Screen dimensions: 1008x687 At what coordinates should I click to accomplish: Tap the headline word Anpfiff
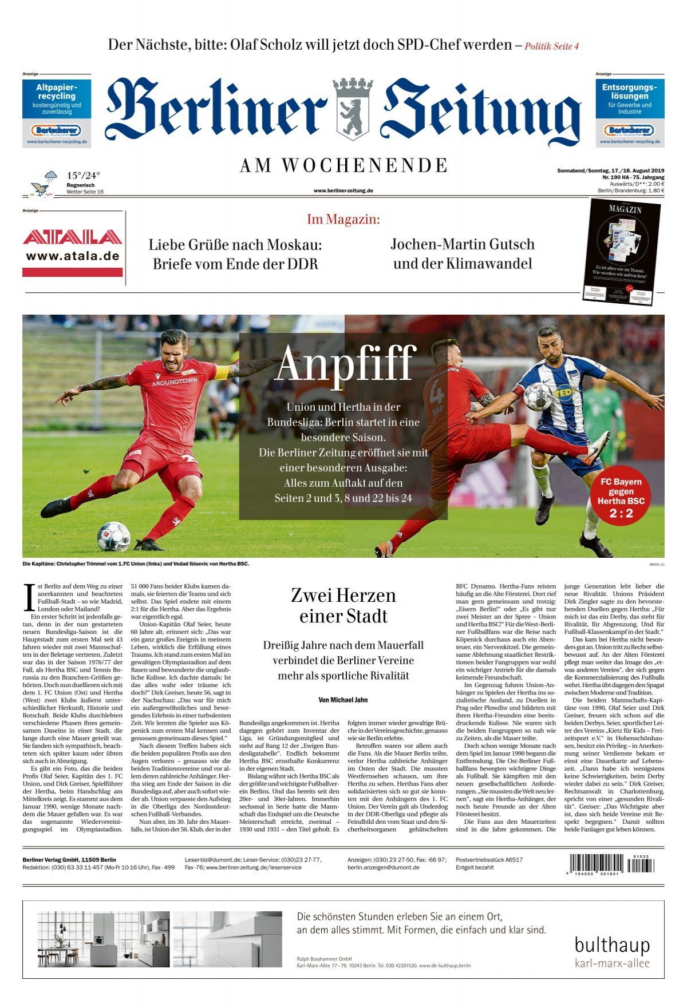point(344,363)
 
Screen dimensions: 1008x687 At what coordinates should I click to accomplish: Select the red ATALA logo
point(72,237)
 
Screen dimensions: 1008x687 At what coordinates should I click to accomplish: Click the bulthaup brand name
point(612,945)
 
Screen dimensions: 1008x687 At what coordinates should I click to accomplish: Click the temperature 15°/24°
point(83,176)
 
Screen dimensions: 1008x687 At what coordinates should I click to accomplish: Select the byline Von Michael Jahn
point(343,700)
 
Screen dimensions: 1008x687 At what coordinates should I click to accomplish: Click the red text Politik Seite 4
point(552,46)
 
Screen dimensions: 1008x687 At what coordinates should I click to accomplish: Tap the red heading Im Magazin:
point(343,219)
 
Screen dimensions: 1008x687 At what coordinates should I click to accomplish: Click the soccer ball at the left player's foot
point(113,536)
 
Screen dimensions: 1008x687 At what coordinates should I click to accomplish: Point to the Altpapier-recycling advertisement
point(56,113)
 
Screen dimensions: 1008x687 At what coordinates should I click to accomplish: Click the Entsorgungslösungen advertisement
point(630,113)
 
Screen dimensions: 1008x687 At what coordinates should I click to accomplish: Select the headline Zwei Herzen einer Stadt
point(343,605)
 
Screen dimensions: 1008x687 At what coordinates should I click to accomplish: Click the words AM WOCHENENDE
point(343,166)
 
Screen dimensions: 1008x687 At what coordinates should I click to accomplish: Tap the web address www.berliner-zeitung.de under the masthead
point(343,191)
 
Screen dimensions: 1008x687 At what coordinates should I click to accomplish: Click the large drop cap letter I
point(29,597)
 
